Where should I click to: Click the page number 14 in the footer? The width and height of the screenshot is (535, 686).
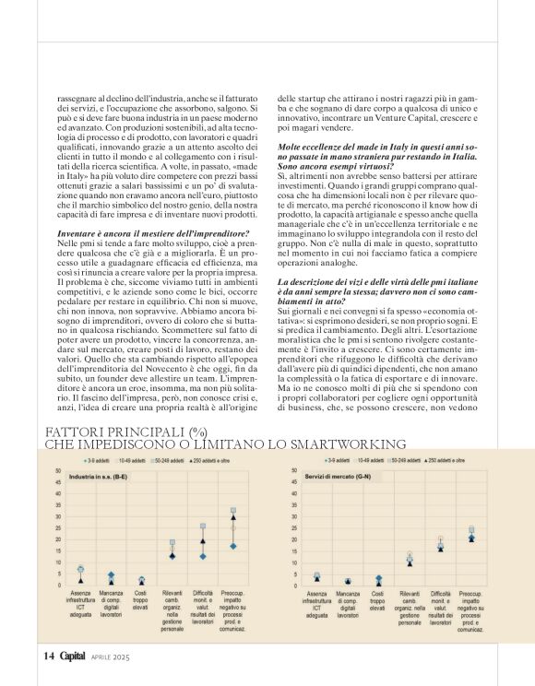coord(48,656)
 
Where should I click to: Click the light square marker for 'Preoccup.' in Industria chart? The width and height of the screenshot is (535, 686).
coord(233,510)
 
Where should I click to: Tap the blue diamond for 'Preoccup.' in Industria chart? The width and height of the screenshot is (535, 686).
coord(233,546)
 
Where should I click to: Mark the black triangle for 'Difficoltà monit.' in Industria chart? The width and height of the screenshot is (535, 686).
coord(203,556)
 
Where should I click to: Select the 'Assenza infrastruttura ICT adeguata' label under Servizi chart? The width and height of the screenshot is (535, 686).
coord(317,606)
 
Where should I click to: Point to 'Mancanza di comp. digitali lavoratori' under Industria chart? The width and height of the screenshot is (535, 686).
coord(111,606)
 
